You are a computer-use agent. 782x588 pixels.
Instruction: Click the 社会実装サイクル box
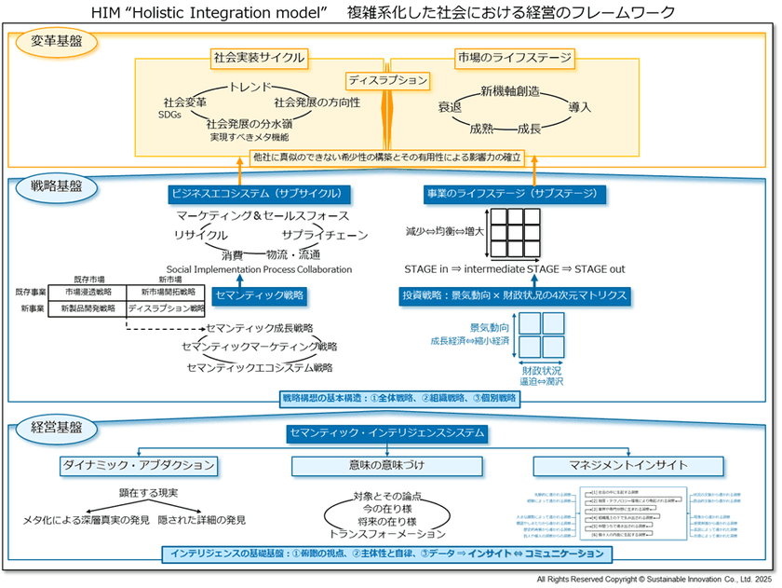click(258, 58)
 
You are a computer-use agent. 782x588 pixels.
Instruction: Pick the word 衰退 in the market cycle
click(451, 107)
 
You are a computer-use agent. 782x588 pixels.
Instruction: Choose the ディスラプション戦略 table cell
click(166, 308)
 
